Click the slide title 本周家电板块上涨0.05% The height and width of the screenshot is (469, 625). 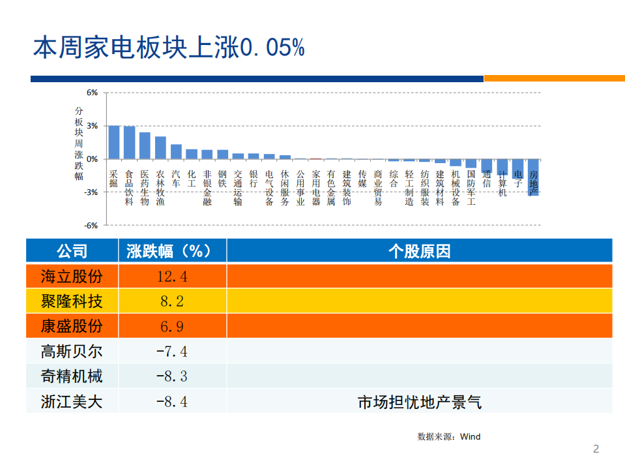tap(169, 48)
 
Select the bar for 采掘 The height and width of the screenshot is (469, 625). tap(113, 142)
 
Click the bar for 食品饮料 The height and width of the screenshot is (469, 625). tap(129, 142)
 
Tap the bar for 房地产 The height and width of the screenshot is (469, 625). tap(533, 177)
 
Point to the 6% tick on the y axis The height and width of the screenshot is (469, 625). tap(92, 93)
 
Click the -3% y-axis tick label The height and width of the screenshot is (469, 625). tap(91, 192)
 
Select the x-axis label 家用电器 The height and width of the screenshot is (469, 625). tap(315, 188)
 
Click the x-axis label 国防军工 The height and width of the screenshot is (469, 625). tap(471, 188)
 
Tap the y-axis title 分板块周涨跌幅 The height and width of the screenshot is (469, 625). tap(79, 144)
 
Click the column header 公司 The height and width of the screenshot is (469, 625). tap(72, 251)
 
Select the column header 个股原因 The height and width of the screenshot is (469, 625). tap(419, 251)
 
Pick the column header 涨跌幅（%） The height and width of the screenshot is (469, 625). tap(171, 251)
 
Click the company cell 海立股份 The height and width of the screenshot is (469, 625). tap(72, 276)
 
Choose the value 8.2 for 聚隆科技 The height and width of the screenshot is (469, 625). tap(171, 301)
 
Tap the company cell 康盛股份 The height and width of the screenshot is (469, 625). tap(72, 325)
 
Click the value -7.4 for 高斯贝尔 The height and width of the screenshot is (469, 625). tap(171, 352)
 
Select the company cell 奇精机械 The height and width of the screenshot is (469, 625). tap(72, 376)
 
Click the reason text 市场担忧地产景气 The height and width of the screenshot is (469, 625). tap(419, 402)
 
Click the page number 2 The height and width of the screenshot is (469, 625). tap(596, 449)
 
